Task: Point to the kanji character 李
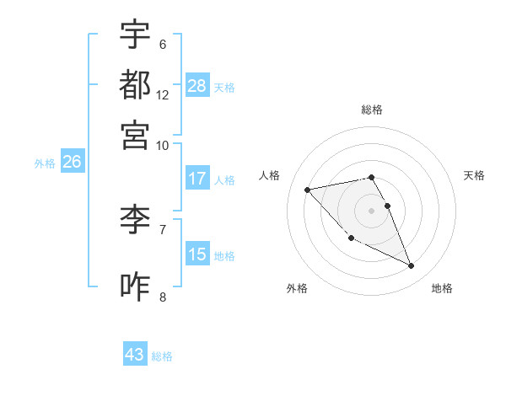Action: click(x=136, y=221)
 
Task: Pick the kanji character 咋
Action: click(x=136, y=286)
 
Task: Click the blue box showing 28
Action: click(x=197, y=86)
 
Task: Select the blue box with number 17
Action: click(x=197, y=179)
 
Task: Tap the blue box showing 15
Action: click(x=197, y=254)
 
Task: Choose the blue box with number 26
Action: click(x=72, y=163)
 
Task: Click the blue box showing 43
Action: click(x=135, y=355)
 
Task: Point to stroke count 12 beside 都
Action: click(x=163, y=95)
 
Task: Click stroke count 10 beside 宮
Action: click(x=163, y=145)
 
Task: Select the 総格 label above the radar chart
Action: click(x=372, y=110)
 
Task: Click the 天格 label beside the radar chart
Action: click(x=475, y=175)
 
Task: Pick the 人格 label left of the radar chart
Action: click(x=270, y=175)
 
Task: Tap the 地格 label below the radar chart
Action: click(x=442, y=288)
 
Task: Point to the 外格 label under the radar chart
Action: click(x=297, y=288)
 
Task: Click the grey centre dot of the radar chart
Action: click(x=372, y=210)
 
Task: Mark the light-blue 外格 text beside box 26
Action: click(x=45, y=163)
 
